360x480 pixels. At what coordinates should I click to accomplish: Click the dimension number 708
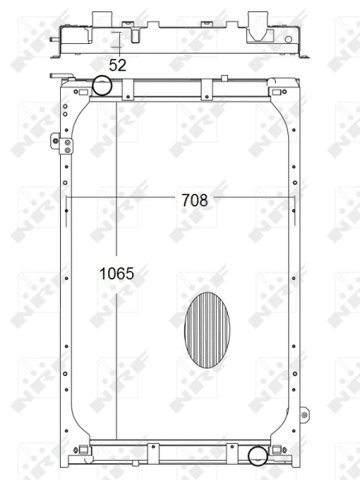pyautogui.click(x=194, y=200)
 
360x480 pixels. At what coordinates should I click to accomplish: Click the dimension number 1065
pyautogui.click(x=116, y=274)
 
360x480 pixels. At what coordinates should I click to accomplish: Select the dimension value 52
pyautogui.click(x=118, y=66)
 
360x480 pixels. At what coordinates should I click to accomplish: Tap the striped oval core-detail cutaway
pyautogui.click(x=206, y=330)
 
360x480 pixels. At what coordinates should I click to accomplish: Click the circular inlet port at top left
pyautogui.click(x=102, y=85)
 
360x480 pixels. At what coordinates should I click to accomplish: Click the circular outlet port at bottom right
pyautogui.click(x=257, y=456)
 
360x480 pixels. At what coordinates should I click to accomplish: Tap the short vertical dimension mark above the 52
pyautogui.click(x=117, y=42)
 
